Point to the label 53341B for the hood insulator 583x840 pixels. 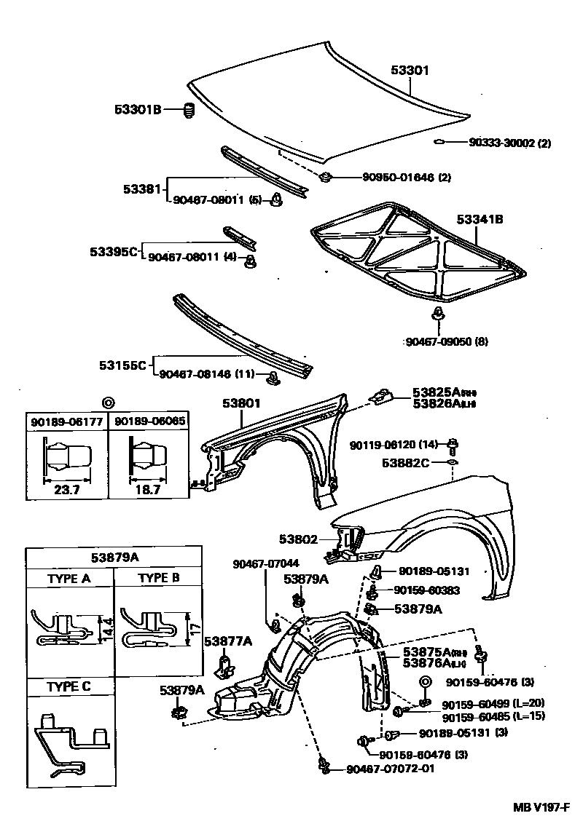click(480, 218)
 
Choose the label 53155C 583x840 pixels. click(123, 364)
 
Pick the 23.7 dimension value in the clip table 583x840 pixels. click(67, 489)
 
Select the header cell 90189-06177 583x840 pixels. click(67, 421)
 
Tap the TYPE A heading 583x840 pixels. click(69, 579)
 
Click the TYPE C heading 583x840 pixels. click(69, 686)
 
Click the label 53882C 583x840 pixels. click(405, 462)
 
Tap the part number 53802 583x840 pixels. click(297, 539)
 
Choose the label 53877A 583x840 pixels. click(227, 641)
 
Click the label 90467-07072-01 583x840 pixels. click(390, 769)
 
